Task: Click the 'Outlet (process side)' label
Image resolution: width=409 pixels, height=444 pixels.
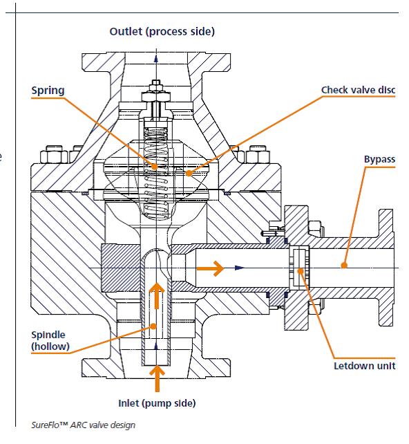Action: tap(162, 31)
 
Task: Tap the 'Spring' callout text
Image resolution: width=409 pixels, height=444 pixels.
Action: tap(48, 91)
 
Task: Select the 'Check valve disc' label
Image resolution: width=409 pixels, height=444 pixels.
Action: tap(358, 90)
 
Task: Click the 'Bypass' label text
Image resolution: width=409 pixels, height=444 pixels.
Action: tap(379, 160)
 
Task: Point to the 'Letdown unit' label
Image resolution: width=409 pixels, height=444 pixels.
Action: tap(365, 366)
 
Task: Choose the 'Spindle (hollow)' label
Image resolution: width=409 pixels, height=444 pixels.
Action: tap(50, 340)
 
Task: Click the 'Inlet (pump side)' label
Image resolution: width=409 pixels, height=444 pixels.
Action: tap(157, 403)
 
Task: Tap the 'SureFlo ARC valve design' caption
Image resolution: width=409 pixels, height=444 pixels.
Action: tap(83, 425)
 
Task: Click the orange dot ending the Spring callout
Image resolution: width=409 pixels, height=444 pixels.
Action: tap(154, 166)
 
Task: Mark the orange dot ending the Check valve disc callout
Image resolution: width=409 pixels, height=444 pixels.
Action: tap(189, 173)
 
